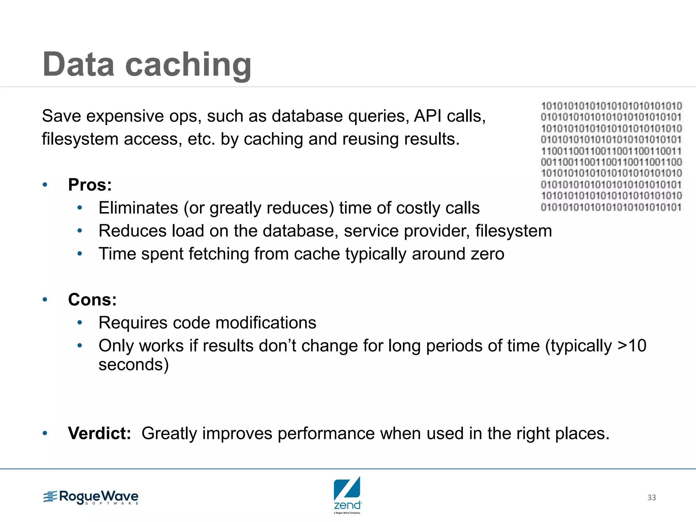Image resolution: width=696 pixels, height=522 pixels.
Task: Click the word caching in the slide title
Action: pyautogui.click(x=188, y=65)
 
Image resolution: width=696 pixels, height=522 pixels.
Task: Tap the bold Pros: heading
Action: pyautogui.click(x=90, y=185)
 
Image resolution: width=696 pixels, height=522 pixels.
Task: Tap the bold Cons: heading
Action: pyautogui.click(x=92, y=300)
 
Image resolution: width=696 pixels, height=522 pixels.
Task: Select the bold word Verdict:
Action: pyautogui.click(x=99, y=433)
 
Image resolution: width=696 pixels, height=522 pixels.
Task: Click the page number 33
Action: pyautogui.click(x=651, y=498)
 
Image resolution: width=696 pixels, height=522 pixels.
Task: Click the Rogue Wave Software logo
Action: pyautogui.click(x=91, y=497)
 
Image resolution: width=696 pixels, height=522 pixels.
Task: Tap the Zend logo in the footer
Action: pyautogui.click(x=347, y=494)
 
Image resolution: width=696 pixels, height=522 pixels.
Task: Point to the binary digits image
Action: pyautogui.click(x=611, y=156)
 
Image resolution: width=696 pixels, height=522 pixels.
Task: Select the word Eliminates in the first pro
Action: pyautogui.click(x=138, y=208)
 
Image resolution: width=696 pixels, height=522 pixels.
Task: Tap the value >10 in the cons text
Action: pyautogui.click(x=632, y=346)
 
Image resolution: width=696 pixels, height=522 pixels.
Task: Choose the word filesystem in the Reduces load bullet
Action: pyautogui.click(x=513, y=231)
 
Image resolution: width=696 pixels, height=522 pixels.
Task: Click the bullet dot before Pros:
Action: pyautogui.click(x=45, y=185)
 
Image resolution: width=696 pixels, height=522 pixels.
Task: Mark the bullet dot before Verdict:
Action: pyautogui.click(x=45, y=433)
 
